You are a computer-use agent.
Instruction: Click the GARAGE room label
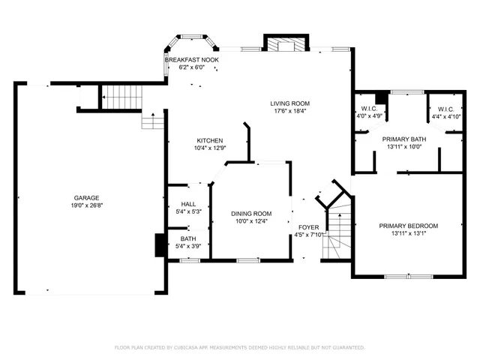tap(87, 198)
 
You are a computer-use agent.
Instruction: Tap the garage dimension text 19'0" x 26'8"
tap(87, 205)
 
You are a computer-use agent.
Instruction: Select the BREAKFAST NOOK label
tap(193, 59)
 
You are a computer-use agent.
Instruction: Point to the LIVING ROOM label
tap(289, 103)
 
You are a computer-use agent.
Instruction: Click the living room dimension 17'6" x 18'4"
tap(289, 111)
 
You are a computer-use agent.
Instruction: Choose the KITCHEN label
tap(209, 140)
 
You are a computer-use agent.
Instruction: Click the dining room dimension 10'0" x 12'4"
tap(250, 221)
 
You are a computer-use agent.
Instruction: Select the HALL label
tap(187, 204)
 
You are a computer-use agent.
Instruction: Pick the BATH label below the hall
tap(187, 238)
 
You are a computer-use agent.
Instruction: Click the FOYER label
tap(309, 226)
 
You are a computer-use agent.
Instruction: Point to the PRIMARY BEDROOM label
tap(408, 225)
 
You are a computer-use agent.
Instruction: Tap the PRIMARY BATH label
tap(402, 139)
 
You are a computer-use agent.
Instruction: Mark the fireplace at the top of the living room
tap(286, 45)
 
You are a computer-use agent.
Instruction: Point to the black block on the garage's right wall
tap(159, 245)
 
